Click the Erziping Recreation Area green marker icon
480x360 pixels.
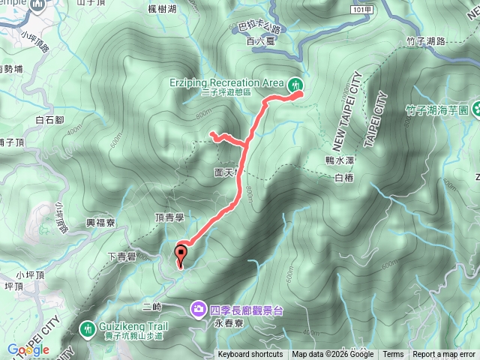(x=296, y=82)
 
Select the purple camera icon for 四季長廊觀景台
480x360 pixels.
(x=199, y=308)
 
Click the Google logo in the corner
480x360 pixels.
(x=28, y=349)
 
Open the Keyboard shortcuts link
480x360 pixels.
(x=250, y=355)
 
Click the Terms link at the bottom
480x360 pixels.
(x=393, y=355)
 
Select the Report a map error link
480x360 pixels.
(x=445, y=355)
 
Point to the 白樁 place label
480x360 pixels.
(x=343, y=178)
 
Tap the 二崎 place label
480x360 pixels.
(x=151, y=307)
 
